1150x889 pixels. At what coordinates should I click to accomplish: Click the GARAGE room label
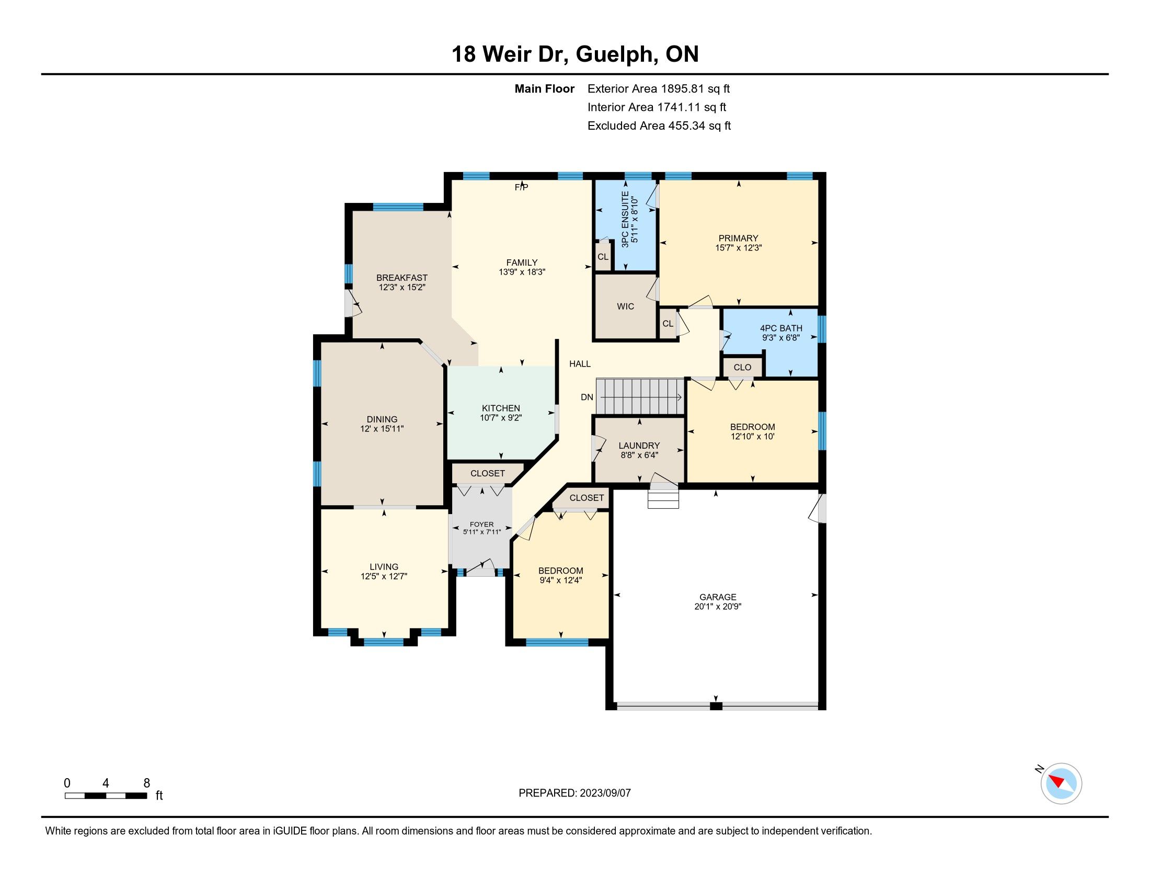tap(718, 597)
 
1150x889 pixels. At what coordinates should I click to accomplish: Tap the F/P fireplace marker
tap(521, 188)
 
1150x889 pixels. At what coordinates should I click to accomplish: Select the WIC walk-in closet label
tap(626, 306)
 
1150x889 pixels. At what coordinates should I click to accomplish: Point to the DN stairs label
tap(587, 397)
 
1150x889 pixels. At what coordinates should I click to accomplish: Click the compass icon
tap(1061, 783)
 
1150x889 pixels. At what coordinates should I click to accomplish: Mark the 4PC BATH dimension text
tap(781, 338)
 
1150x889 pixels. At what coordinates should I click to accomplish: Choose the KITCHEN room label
tap(501, 408)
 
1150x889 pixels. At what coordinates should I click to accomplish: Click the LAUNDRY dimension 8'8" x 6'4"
tap(639, 455)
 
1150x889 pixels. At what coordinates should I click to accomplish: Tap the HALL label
tap(580, 364)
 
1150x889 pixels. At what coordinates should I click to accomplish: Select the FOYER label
tap(482, 525)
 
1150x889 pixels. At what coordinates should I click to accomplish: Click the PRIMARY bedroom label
tap(738, 238)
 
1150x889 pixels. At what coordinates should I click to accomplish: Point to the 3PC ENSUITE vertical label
tap(625, 220)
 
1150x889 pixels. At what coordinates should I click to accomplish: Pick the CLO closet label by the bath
tap(742, 368)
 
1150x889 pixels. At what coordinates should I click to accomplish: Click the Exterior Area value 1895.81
tap(682, 89)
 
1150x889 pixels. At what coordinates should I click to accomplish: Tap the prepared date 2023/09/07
tap(605, 793)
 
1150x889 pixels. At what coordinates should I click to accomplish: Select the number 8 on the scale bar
tap(147, 783)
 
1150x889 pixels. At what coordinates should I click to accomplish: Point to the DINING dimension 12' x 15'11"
tap(382, 429)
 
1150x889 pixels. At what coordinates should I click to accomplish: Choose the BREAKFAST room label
tap(402, 278)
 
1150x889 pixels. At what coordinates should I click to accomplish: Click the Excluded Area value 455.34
tap(687, 126)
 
